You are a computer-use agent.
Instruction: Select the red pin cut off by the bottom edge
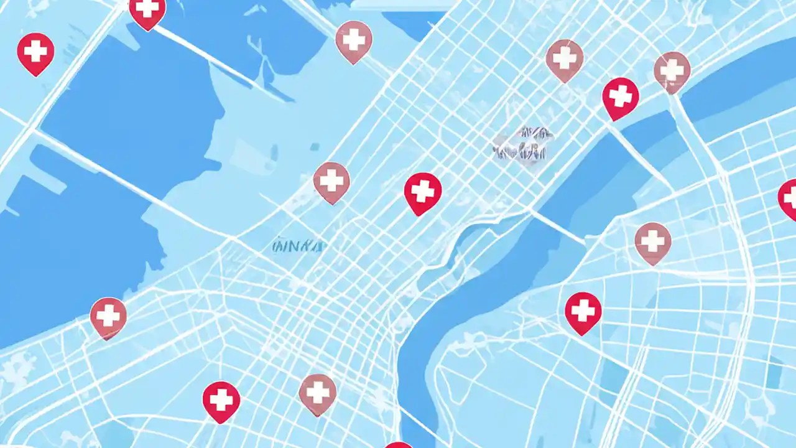click(x=398, y=444)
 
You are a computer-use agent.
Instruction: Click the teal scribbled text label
click(x=298, y=246)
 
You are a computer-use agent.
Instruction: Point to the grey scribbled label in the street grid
click(x=523, y=143)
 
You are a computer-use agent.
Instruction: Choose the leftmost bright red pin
click(x=35, y=52)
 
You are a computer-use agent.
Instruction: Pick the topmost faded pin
click(x=353, y=41)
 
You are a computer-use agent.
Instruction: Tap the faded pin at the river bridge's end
click(x=672, y=70)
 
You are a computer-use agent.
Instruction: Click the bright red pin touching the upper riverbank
click(x=620, y=97)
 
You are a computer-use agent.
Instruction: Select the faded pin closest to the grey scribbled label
click(x=564, y=60)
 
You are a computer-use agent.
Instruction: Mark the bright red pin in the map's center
click(x=423, y=192)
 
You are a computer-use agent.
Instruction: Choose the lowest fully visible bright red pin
click(x=221, y=401)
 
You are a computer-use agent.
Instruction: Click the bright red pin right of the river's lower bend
click(x=583, y=312)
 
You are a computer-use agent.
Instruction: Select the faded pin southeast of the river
click(x=653, y=242)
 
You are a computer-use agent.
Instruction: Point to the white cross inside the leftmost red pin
click(x=35, y=50)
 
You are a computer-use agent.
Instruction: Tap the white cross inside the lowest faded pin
click(x=318, y=392)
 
